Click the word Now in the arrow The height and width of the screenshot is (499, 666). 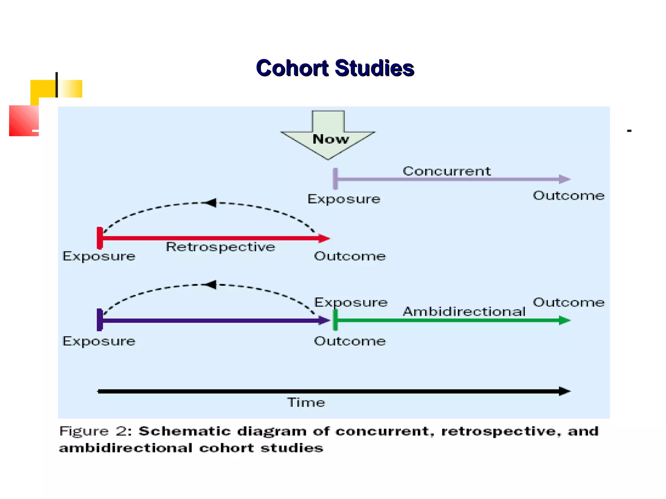click(x=330, y=139)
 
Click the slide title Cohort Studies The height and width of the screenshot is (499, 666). click(x=335, y=68)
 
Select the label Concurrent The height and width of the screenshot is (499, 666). click(x=446, y=171)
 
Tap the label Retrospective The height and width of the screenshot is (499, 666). click(x=220, y=247)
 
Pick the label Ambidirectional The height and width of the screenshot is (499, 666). click(x=464, y=312)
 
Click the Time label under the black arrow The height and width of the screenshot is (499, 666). click(x=306, y=403)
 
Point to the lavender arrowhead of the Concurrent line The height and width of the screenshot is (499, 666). click(x=565, y=179)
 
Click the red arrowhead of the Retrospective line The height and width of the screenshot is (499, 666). click(x=324, y=238)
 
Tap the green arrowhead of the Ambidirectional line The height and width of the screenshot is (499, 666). click(x=565, y=320)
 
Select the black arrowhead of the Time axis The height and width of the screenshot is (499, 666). click(x=565, y=391)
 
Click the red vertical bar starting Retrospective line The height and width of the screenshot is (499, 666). click(x=100, y=238)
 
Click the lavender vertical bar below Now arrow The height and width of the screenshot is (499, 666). click(x=335, y=179)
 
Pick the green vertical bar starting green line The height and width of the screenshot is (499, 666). click(x=335, y=320)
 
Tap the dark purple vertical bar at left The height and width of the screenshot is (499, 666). click(x=100, y=320)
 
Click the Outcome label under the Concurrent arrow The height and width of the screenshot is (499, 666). click(x=568, y=196)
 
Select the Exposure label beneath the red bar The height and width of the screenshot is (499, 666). click(x=99, y=256)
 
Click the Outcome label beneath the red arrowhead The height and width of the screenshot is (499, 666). click(x=350, y=256)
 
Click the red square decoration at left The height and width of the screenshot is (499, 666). click(x=24, y=121)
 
